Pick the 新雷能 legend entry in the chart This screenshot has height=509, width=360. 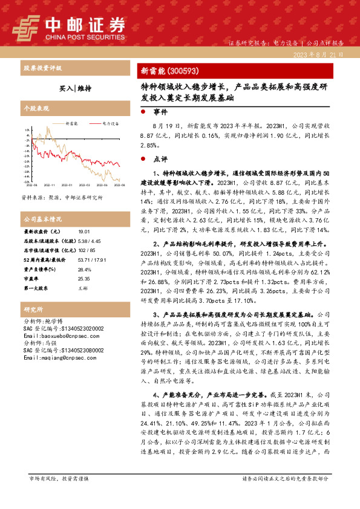(x=71, y=123)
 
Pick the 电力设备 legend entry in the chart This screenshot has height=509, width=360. (x=110, y=123)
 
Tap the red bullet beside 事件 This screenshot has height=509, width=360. (x=142, y=112)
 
